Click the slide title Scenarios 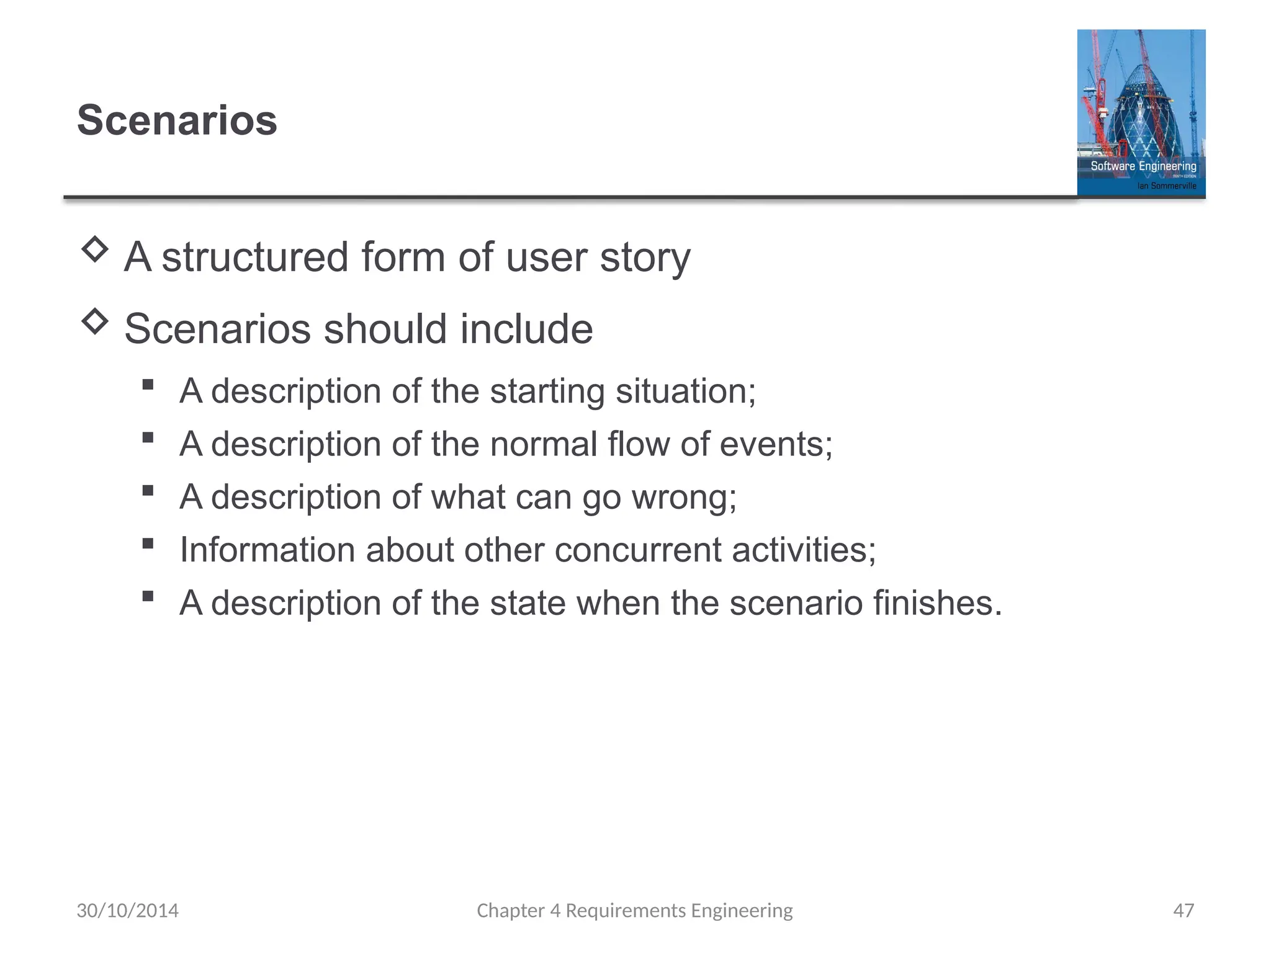177,120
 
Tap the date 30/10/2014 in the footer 127,910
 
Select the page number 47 1183,910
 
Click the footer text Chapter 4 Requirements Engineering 634,910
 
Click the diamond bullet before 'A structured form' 95,249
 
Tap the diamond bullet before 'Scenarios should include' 95,321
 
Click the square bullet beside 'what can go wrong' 148,491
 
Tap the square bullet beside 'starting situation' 148,385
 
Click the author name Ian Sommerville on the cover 1166,186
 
